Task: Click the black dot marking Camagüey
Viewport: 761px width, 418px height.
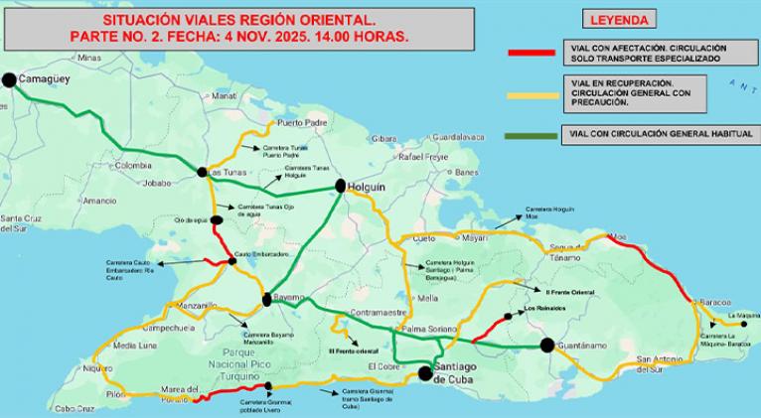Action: click(x=10, y=80)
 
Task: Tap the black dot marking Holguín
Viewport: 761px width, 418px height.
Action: click(x=340, y=186)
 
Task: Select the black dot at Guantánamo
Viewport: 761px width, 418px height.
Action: click(x=546, y=345)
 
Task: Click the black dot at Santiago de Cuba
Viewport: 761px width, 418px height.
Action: click(x=425, y=373)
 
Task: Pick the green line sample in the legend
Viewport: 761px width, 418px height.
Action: click(x=532, y=132)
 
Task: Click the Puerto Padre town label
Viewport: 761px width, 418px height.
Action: click(x=302, y=123)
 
